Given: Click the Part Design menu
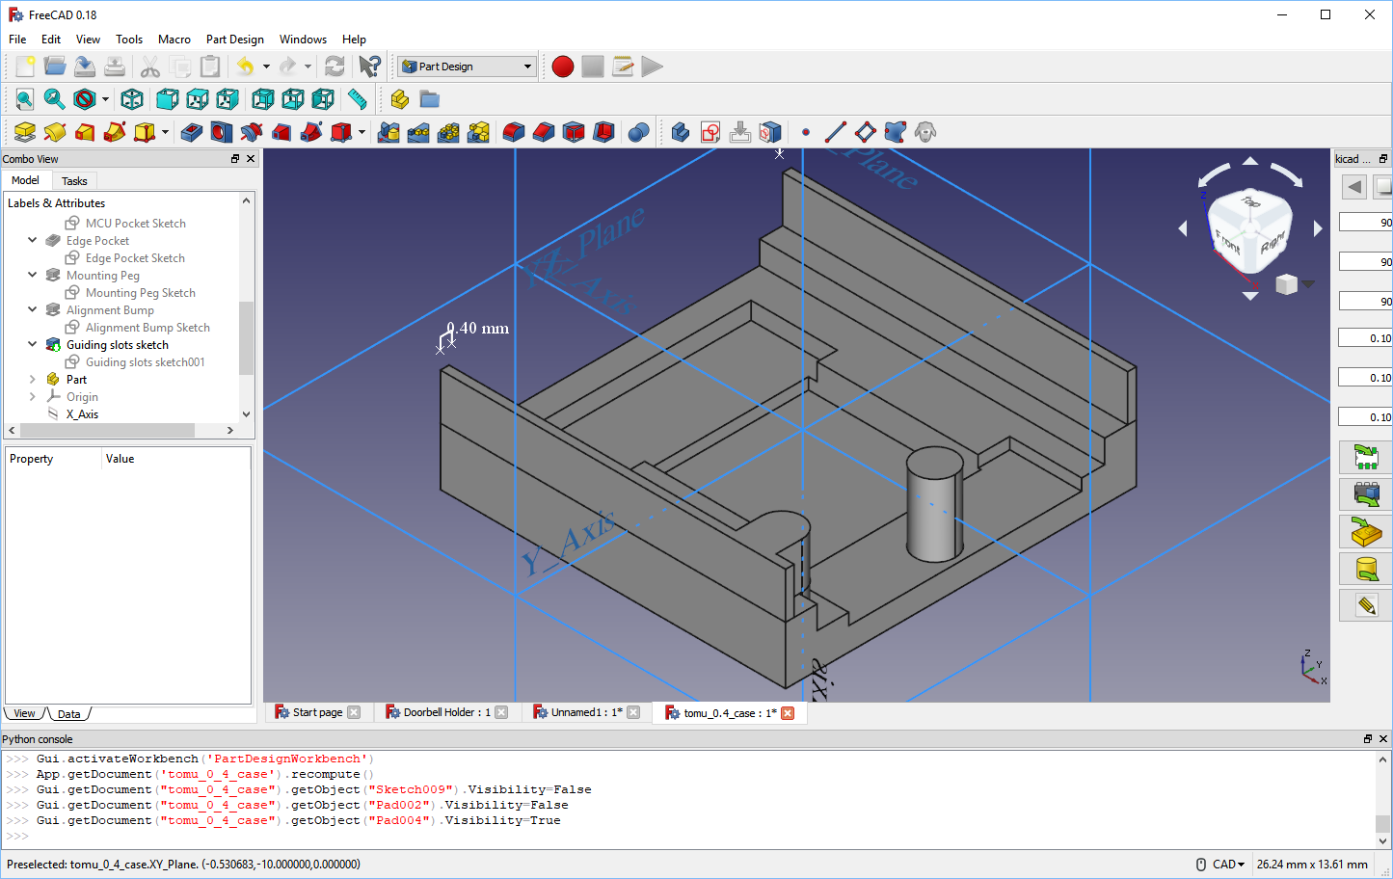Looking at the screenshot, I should [234, 40].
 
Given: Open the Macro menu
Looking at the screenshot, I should [174, 40].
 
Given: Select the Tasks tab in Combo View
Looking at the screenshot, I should [74, 181].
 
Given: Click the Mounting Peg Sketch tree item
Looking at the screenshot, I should [140, 293].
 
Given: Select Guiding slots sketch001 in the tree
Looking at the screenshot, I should [145, 362].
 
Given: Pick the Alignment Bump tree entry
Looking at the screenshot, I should [110, 310].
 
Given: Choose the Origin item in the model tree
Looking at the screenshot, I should [82, 397].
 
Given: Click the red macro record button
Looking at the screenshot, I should [563, 67].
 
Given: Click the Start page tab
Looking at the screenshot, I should [317, 712].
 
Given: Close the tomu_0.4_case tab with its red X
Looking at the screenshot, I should [788, 713].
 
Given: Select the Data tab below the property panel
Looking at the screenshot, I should [68, 714].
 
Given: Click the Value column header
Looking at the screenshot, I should [121, 459].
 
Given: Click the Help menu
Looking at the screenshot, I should [354, 40].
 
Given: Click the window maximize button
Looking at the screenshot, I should [1326, 14].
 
